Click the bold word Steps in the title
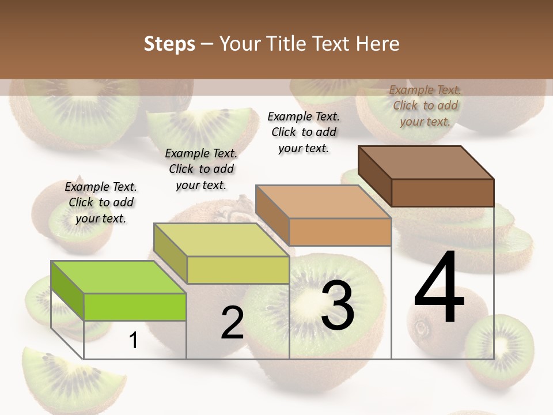tap(169, 44)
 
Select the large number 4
tap(439, 288)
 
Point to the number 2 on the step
tap(232, 323)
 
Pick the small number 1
tap(133, 341)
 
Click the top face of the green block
tap(118, 277)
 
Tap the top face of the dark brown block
tap(426, 162)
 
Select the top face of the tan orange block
tap(323, 202)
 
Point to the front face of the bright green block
tap(135, 307)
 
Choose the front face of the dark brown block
tap(442, 193)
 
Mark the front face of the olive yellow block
tap(237, 270)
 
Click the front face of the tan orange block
tap(340, 232)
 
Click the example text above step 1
tap(101, 202)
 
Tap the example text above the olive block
tap(201, 169)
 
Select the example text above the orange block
tap(304, 132)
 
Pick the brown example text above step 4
tap(425, 105)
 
